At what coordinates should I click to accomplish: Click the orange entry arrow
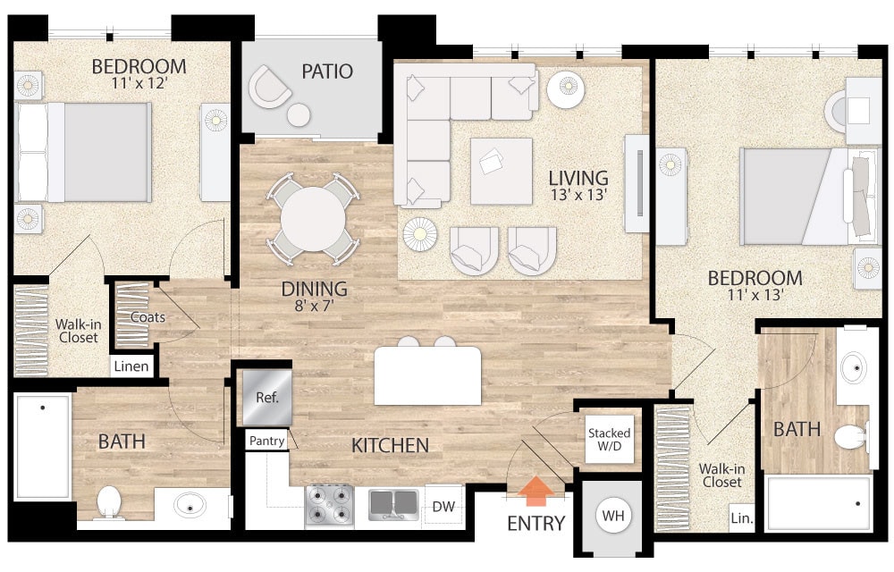pos(536,492)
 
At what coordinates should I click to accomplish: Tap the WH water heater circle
pos(613,516)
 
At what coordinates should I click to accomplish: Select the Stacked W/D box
pos(610,439)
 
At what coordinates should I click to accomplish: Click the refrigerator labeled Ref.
pos(266,398)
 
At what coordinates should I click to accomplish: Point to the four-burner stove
pos(329,504)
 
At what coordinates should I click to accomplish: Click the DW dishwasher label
pos(443,507)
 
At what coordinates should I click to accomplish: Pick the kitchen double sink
pos(393,504)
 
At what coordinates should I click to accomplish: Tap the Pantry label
pos(266,441)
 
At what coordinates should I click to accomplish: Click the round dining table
pos(313,219)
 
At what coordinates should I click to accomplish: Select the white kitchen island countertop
pos(427,376)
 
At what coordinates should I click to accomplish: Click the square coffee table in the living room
pos(502,171)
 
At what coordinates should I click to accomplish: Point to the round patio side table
pos(299,115)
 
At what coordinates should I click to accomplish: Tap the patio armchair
pos(269,88)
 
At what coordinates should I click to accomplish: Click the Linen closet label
pos(131,366)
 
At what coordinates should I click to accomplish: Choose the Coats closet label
pos(148,317)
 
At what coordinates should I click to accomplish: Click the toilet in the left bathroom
pos(109,502)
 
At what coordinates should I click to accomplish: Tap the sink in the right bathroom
pos(854,367)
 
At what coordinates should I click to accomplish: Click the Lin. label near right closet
pos(742,518)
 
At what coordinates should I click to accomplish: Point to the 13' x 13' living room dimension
pos(578,195)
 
